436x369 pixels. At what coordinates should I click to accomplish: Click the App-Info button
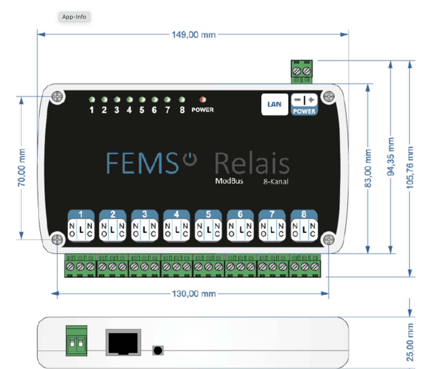(x=74, y=17)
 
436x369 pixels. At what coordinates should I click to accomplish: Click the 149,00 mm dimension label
(x=194, y=35)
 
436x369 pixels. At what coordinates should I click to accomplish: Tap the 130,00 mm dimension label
(x=194, y=294)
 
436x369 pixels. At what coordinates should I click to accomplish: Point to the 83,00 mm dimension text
(x=368, y=168)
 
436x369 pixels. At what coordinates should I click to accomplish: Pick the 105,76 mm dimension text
(x=410, y=168)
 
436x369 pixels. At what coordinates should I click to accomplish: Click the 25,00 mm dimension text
(x=410, y=342)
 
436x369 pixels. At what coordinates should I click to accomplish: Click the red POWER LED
(x=203, y=100)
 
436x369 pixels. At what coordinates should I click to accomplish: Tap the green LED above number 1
(x=92, y=100)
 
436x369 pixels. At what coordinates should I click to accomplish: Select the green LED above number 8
(x=182, y=100)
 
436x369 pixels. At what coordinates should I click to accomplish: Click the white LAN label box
(x=274, y=104)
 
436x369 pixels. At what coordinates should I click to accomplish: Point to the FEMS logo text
(x=142, y=163)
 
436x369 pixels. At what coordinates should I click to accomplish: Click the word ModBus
(x=229, y=181)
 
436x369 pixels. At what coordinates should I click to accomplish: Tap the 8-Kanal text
(x=276, y=182)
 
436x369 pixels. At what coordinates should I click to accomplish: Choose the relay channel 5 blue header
(x=208, y=214)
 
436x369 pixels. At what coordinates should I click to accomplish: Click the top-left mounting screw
(x=57, y=97)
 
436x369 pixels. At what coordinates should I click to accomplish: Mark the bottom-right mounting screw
(x=329, y=239)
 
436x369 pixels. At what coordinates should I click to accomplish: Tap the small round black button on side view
(x=158, y=350)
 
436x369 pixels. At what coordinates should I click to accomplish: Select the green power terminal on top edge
(x=301, y=71)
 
